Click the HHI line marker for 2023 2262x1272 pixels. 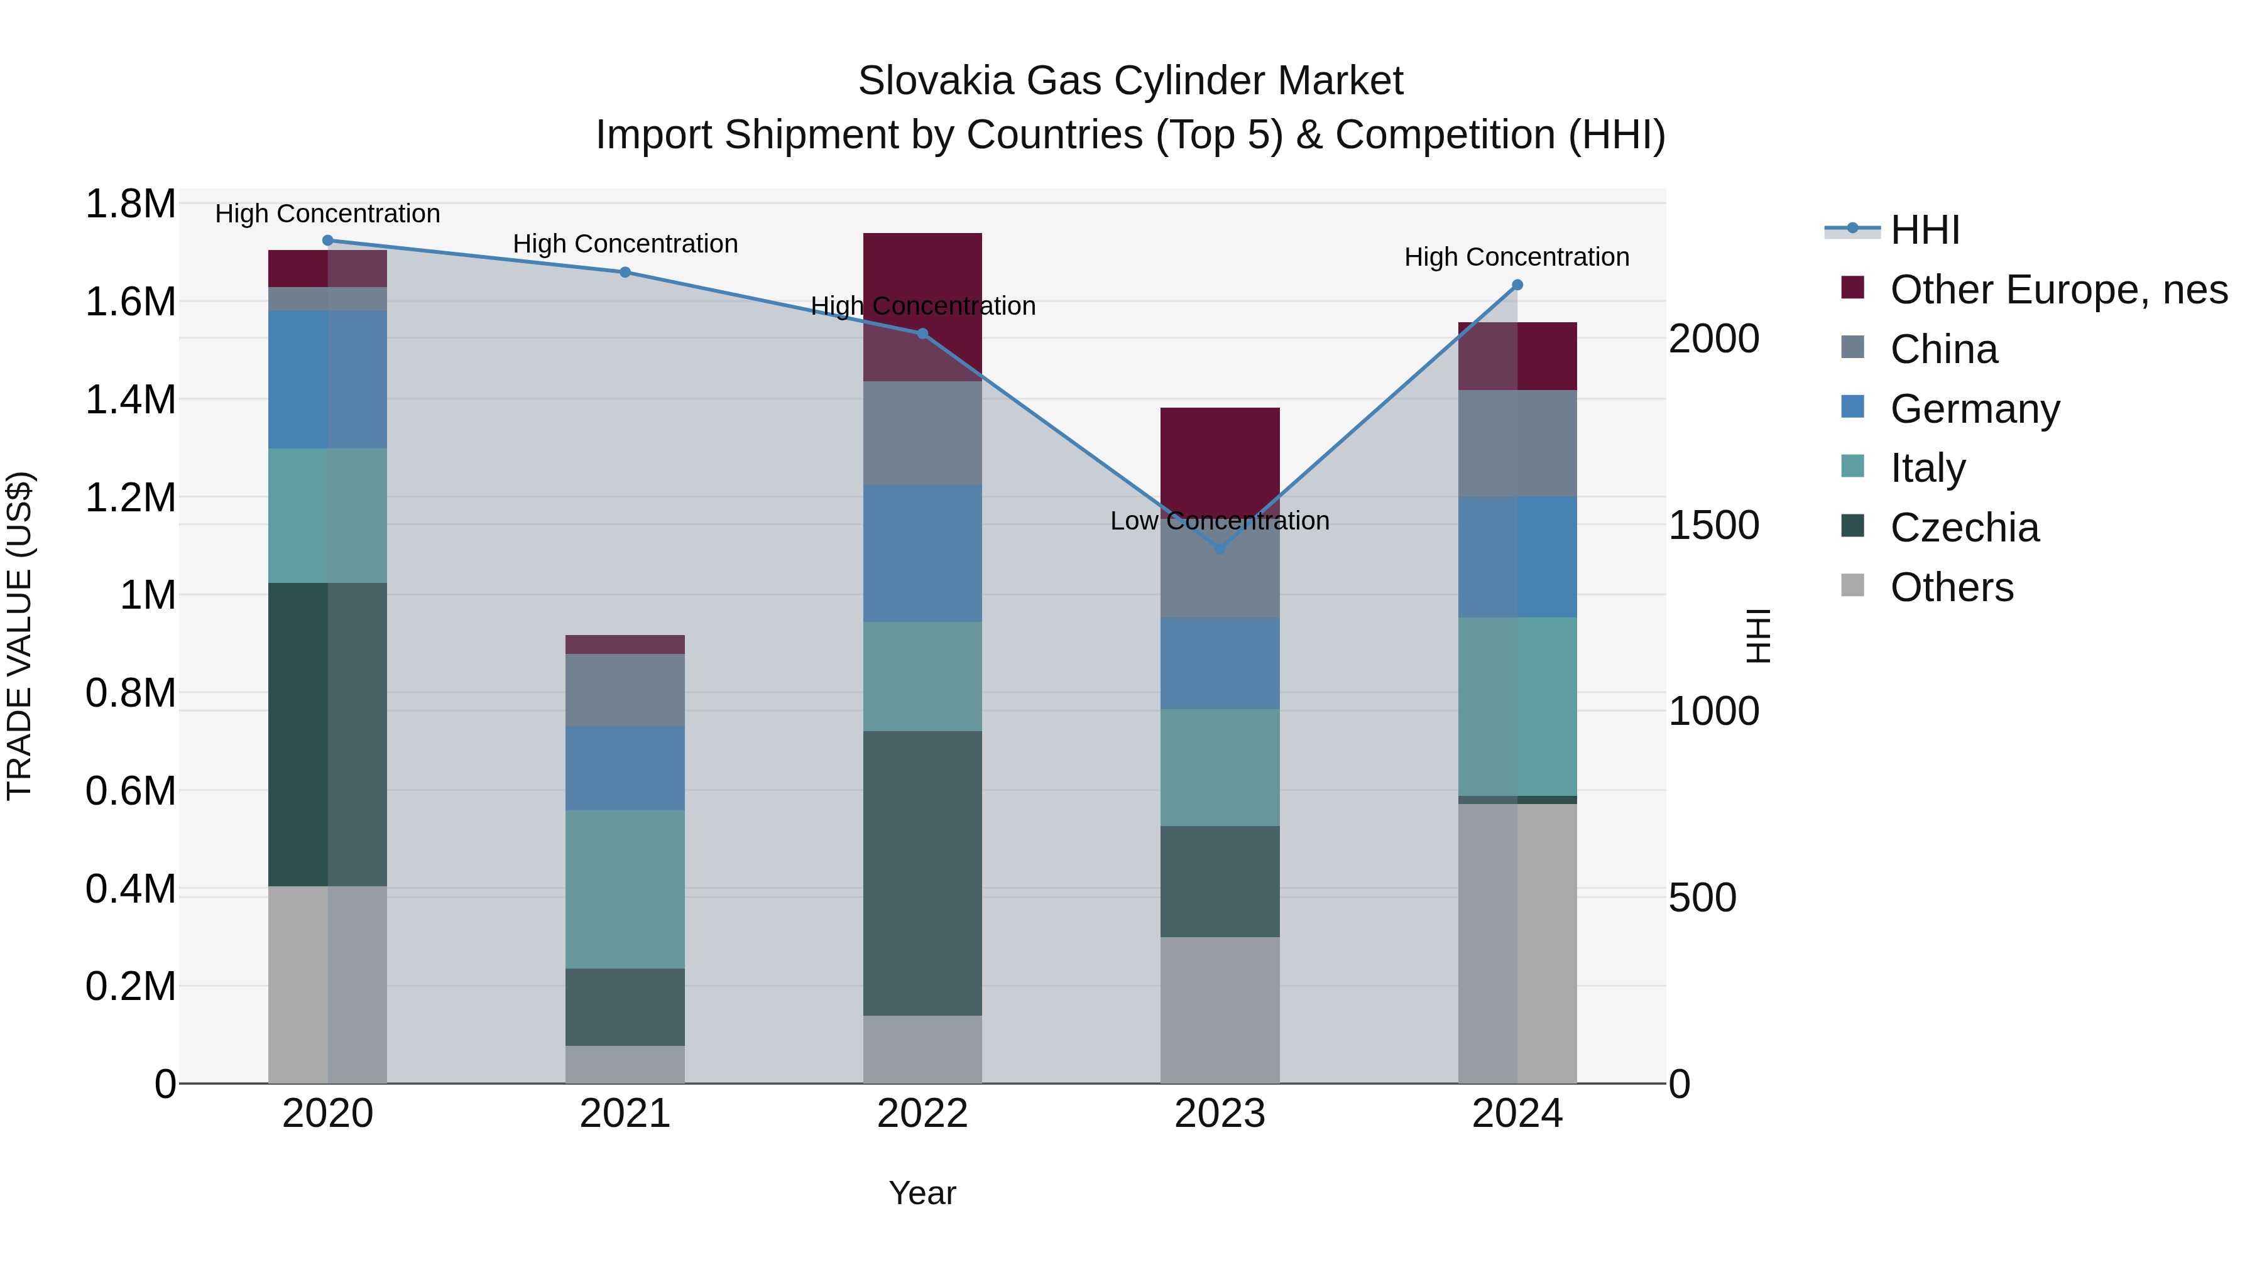tap(1220, 548)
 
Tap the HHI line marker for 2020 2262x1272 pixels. tap(327, 240)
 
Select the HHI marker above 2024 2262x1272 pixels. tap(1517, 285)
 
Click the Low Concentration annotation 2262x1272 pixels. tap(1219, 521)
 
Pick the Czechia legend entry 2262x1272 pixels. tap(1964, 528)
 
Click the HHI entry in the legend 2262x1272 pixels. tap(1924, 230)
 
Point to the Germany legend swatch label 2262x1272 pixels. tap(1974, 409)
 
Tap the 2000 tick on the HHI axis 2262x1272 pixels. tap(1713, 339)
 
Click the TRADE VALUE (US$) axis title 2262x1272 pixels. tap(19, 636)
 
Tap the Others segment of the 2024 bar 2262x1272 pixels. tap(1517, 943)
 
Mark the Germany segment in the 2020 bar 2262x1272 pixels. tap(327, 379)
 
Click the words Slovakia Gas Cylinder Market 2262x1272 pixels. tap(1130, 81)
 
